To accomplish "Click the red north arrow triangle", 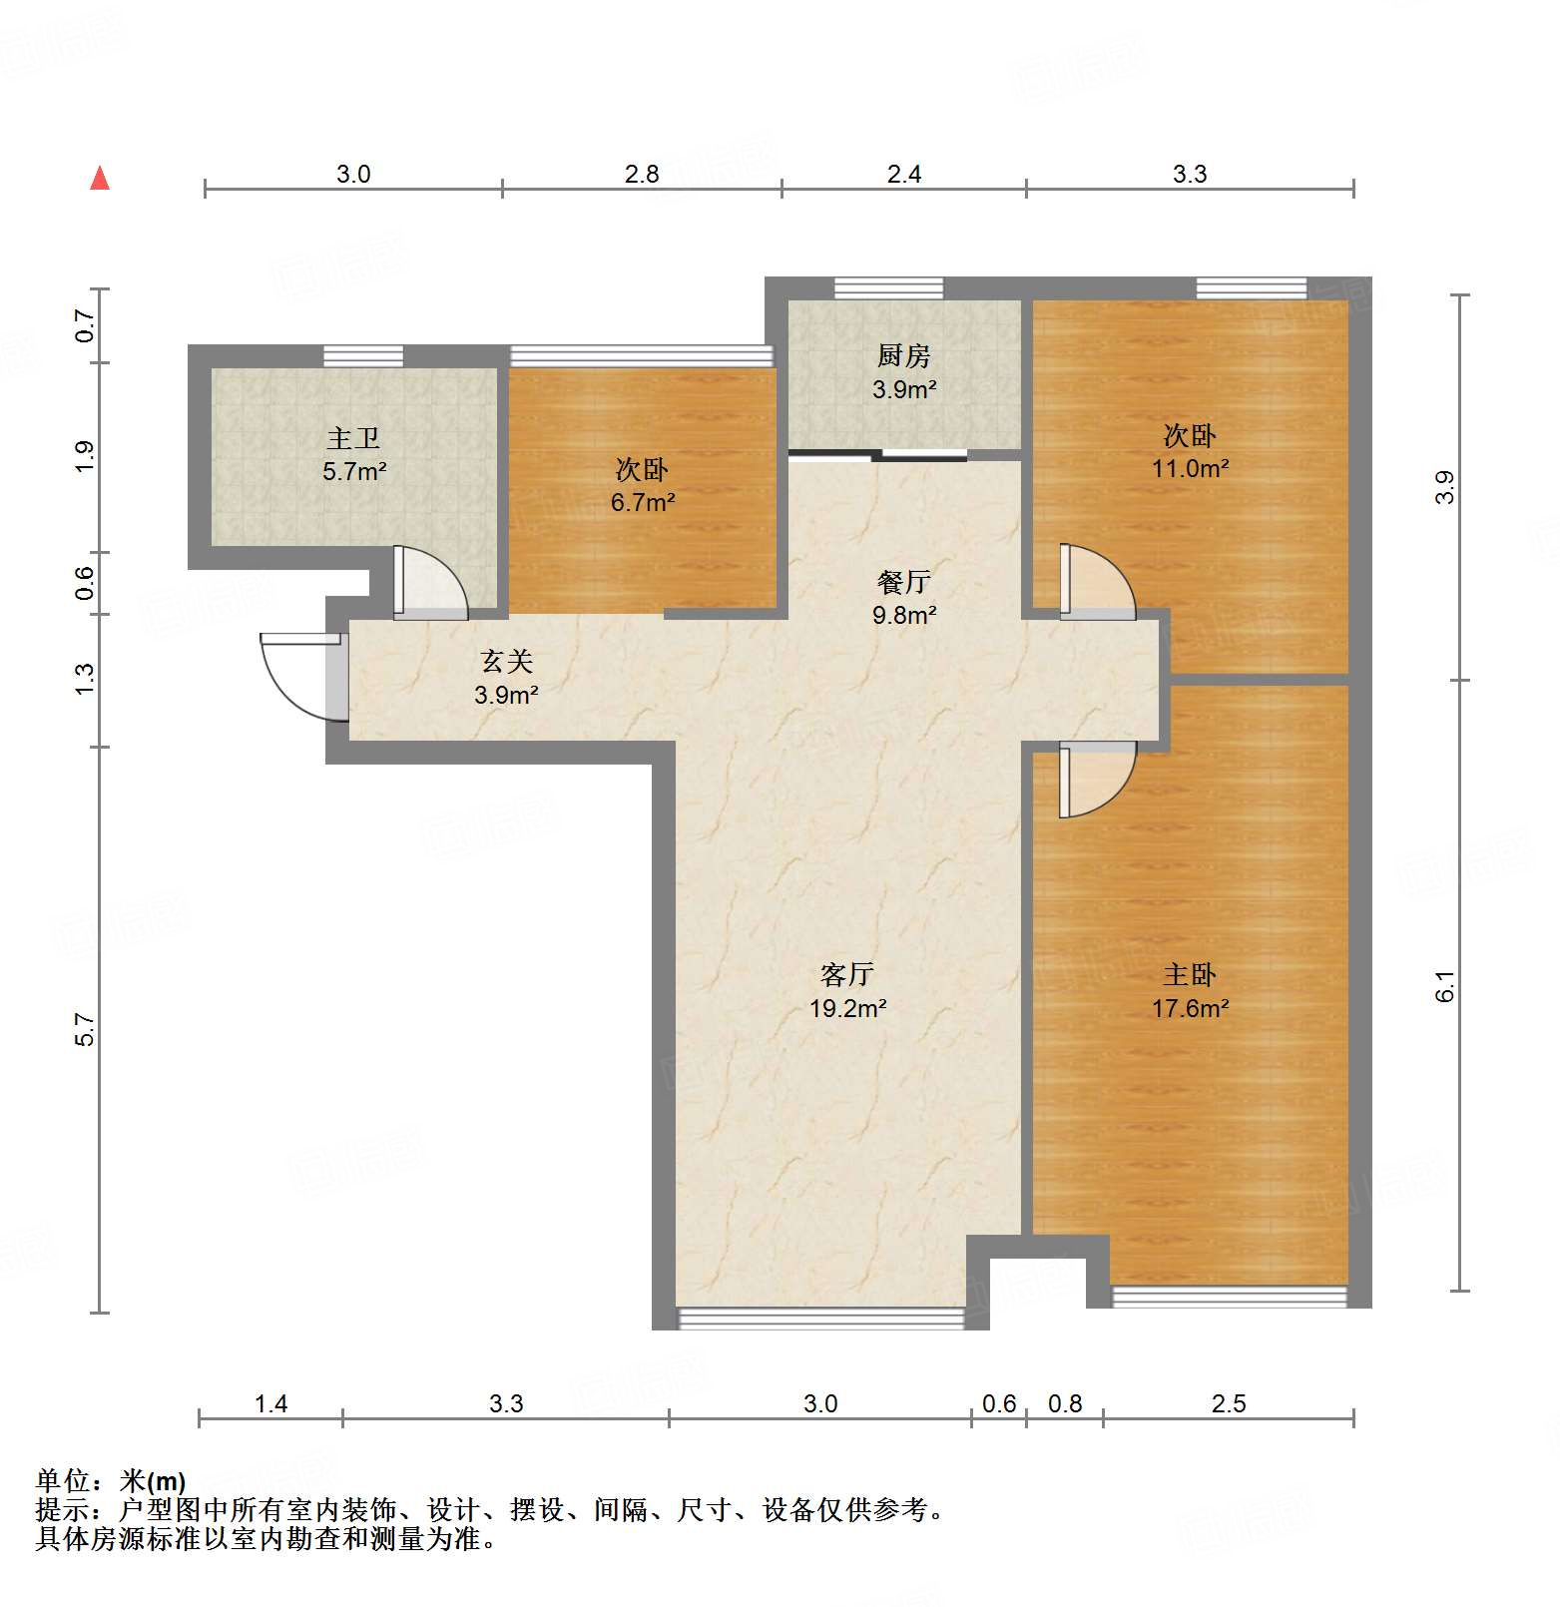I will point(100,179).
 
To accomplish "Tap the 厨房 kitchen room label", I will point(903,355).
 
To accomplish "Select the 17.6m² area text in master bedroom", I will point(1190,1009).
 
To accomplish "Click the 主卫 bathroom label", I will point(353,438).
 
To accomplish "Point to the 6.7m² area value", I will point(642,502).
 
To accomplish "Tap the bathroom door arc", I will point(429,582).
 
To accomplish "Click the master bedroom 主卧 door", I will point(1095,779).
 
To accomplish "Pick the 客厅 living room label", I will point(847,974).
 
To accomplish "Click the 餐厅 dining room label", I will point(903,581).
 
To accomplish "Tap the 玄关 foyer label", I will point(506,661).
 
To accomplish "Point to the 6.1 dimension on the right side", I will point(1445,986).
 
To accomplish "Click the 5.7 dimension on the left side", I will point(86,1029).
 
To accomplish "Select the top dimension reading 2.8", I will point(642,175).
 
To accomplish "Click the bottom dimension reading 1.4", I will point(270,1404).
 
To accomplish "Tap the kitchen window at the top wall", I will point(888,288).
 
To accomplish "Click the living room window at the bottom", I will point(820,1319).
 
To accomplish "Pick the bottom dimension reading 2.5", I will point(1229,1404).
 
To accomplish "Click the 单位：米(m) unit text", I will point(111,1481).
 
